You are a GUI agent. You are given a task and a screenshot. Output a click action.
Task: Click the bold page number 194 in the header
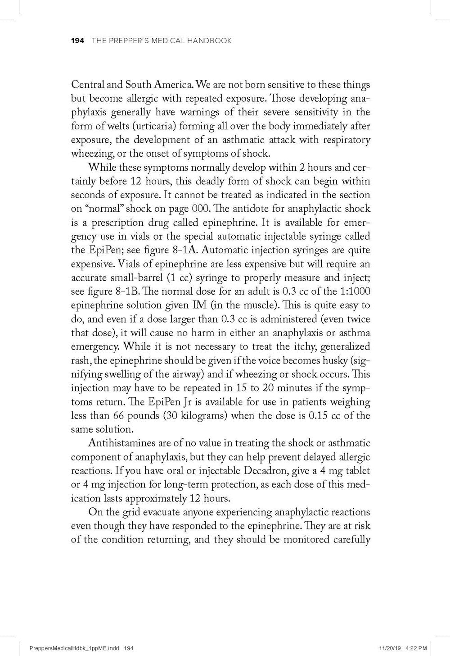coord(78,41)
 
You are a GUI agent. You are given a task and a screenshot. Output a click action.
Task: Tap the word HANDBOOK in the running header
coord(211,41)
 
